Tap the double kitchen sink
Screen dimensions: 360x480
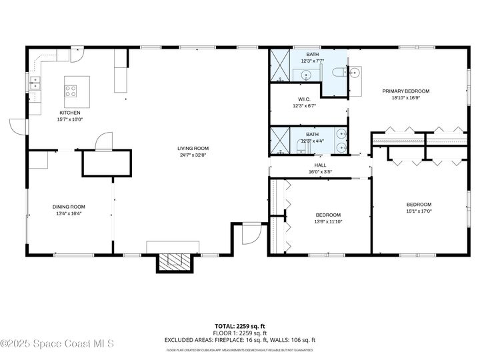pos(34,83)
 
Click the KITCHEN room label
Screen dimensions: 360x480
pos(69,113)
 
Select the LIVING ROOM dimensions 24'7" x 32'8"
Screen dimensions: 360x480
pos(193,155)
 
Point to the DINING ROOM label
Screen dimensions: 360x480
pos(69,207)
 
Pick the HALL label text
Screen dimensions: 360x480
pos(320,165)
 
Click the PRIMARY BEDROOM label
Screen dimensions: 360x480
pos(405,91)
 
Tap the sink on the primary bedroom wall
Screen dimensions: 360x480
pos(355,73)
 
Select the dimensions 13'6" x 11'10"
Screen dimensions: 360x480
pos(328,222)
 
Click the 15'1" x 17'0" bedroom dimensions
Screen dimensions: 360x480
pos(419,211)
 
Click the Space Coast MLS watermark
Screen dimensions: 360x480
pos(58,343)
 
